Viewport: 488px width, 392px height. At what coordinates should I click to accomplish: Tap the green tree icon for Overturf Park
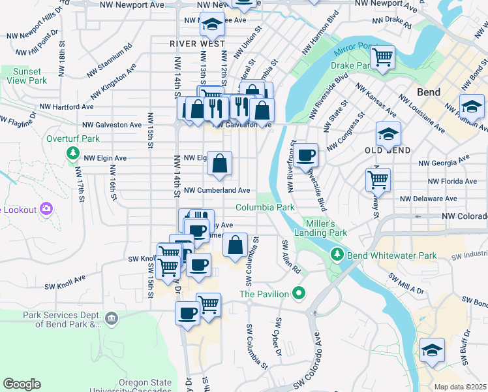72,154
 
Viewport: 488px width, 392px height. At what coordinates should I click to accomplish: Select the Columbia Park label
265,207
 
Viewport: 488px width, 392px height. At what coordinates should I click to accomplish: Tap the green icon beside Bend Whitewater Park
337,253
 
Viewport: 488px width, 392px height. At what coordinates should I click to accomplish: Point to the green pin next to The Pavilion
299,293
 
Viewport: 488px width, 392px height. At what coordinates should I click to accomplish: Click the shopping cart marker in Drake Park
382,57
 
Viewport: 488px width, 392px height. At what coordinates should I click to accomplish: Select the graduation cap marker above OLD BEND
388,135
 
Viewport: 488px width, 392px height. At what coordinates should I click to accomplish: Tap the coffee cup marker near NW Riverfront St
305,156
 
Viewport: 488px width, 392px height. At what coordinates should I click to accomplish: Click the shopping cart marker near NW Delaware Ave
378,179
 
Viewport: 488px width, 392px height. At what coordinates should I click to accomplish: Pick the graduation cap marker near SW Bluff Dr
432,351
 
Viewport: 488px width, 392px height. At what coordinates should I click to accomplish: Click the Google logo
22,384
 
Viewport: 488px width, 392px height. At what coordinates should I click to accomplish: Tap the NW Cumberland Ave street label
217,190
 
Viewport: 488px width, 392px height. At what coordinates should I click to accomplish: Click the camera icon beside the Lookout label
46,208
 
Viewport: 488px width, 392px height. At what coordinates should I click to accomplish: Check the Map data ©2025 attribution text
460,387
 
